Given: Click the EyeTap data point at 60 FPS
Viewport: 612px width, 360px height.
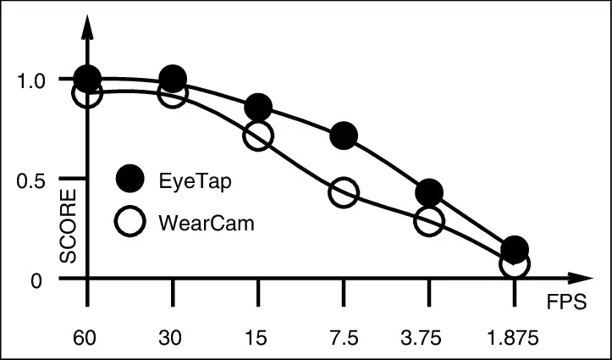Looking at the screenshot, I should [x=87, y=79].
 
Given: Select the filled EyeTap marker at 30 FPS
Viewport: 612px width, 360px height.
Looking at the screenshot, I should [x=173, y=80].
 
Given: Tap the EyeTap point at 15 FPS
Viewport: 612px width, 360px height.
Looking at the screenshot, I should [x=258, y=108].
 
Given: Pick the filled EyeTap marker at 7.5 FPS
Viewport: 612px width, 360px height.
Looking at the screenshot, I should [x=344, y=135].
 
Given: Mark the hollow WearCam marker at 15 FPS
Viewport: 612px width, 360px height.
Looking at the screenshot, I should [x=258, y=136].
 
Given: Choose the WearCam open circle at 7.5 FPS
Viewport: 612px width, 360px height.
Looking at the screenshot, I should [x=344, y=192].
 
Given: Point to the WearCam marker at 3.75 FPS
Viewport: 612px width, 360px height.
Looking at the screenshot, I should [x=429, y=221].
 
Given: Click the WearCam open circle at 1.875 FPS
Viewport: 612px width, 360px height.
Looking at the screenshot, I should [x=514, y=264].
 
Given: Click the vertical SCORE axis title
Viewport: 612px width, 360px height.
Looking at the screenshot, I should [x=69, y=227].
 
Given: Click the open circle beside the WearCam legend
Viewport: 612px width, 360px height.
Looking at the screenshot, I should [x=130, y=223].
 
